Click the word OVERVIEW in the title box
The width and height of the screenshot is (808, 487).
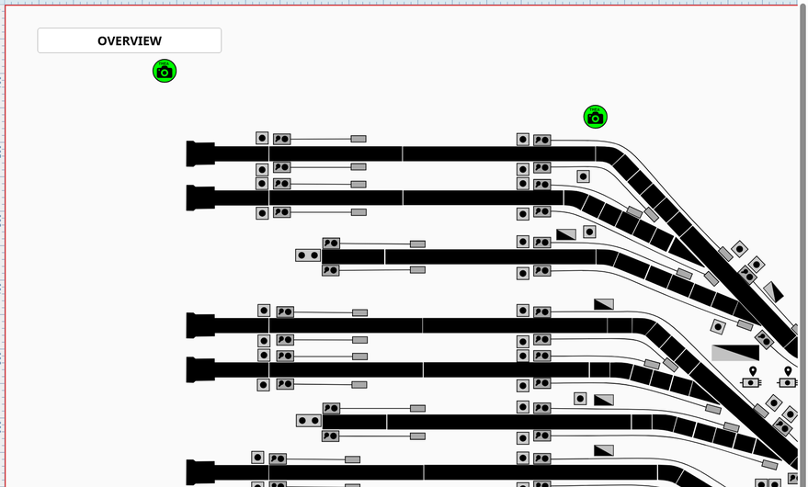point(130,40)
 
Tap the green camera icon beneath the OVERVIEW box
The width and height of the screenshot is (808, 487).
point(165,71)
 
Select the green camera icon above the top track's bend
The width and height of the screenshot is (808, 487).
point(595,117)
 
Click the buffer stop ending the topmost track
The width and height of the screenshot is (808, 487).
point(200,153)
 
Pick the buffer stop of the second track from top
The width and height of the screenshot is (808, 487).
point(200,198)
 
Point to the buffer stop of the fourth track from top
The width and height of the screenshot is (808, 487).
point(200,325)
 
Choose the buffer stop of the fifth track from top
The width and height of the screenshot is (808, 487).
point(200,369)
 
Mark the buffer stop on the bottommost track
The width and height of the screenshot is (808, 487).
point(200,473)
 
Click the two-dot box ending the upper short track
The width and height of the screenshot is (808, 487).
point(308,255)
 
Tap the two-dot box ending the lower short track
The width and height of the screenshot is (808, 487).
point(309,421)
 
